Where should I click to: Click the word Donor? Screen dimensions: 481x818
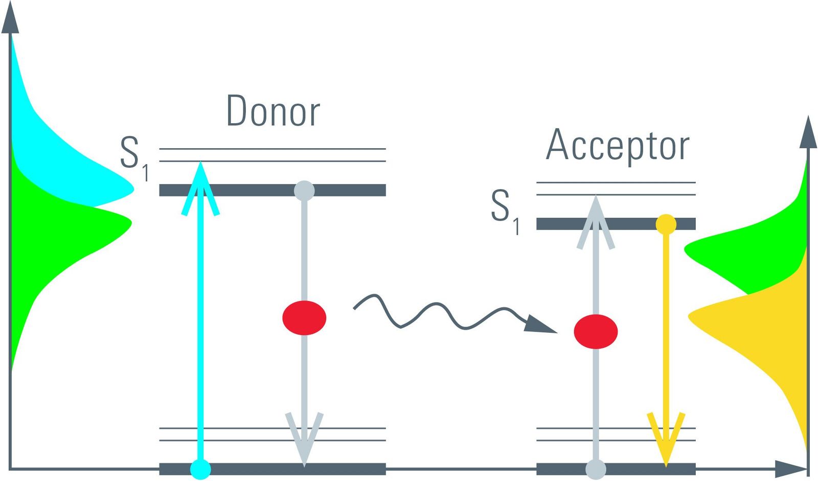(x=273, y=111)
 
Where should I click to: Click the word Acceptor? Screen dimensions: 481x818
(x=618, y=145)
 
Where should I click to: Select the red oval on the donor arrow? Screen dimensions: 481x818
(x=304, y=318)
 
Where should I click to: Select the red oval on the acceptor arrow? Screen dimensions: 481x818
(x=596, y=332)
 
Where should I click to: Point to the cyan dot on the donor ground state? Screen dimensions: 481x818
(x=200, y=469)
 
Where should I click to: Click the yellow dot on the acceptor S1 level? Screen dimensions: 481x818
(x=666, y=224)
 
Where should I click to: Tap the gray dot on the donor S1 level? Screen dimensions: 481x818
(x=304, y=191)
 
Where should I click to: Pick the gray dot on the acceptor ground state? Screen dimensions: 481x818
(x=596, y=469)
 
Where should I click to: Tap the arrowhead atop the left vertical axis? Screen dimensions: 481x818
(x=10, y=18)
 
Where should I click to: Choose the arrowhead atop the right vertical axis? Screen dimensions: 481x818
(x=808, y=133)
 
